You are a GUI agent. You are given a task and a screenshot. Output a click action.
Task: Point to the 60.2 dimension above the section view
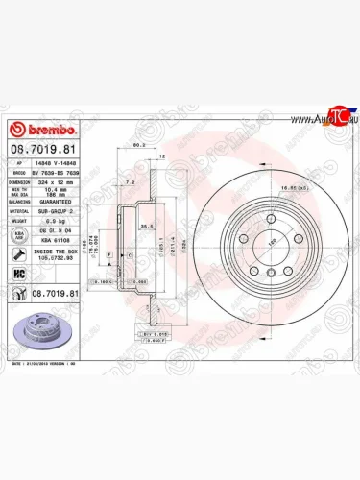click(138, 145)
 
